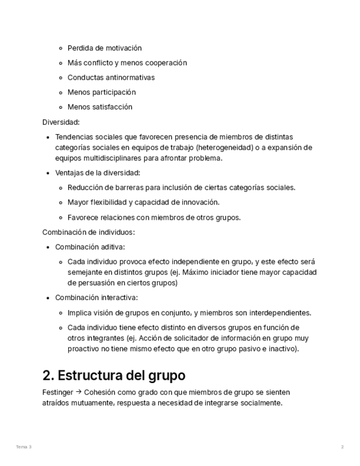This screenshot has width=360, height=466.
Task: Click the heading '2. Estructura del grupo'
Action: click(114, 376)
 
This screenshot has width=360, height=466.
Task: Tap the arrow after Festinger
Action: click(79, 392)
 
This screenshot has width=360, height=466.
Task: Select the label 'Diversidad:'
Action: click(61, 122)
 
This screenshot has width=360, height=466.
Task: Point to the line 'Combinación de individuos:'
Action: click(88, 232)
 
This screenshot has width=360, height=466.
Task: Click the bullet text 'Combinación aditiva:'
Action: click(90, 247)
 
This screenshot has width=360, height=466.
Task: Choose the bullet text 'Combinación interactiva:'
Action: click(96, 298)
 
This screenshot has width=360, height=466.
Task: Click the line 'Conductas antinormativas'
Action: click(111, 77)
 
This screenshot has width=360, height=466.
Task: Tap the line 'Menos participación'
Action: click(102, 92)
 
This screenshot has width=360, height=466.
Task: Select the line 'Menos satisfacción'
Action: click(100, 107)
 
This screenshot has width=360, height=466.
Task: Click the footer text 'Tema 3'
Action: click(24, 447)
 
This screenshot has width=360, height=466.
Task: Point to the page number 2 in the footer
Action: click(342, 447)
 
